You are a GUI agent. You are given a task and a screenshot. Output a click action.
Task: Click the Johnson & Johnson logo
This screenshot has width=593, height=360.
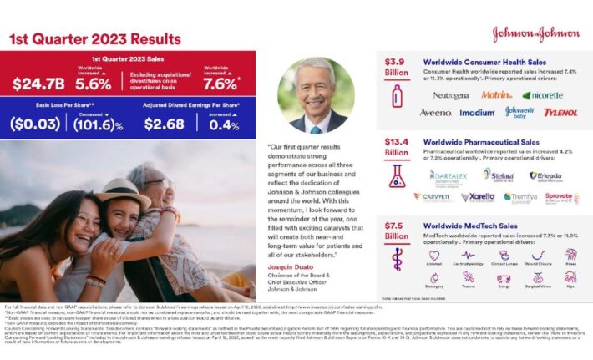(x=535, y=34)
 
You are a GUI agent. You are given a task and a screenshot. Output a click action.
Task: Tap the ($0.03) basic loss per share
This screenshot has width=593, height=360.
(x=35, y=124)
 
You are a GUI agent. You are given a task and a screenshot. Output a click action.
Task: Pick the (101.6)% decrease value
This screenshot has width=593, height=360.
(x=98, y=124)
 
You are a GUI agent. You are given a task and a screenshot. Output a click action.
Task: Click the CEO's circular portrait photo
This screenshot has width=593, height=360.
(x=316, y=95)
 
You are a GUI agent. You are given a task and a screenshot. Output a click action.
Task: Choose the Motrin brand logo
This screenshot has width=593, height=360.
(x=496, y=95)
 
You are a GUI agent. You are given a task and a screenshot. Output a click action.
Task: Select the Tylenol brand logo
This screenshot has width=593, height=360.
(x=560, y=112)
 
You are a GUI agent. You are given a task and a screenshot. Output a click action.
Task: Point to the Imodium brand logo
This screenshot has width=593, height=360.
(x=477, y=112)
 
